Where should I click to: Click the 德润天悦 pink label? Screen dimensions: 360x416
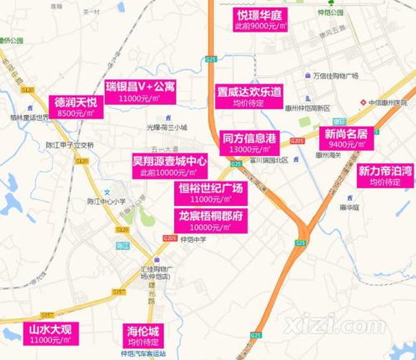[x=76, y=105]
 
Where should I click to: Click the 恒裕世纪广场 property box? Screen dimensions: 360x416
[x=210, y=194]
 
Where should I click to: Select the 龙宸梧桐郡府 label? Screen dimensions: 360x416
[x=210, y=221]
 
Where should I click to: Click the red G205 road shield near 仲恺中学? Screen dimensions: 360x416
[x=170, y=237]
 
